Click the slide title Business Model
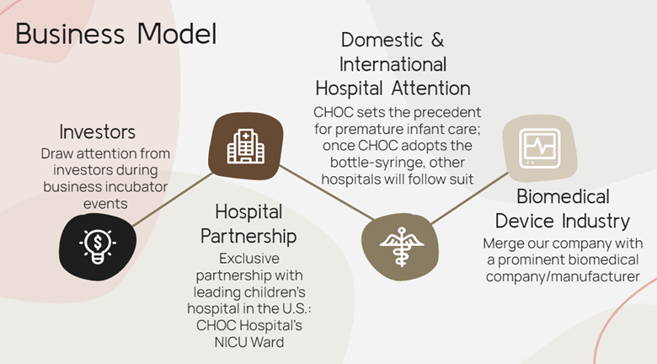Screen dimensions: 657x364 coord(116,34)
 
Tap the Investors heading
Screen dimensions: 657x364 coord(97,131)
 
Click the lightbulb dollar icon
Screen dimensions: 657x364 coord(98,246)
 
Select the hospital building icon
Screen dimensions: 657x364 coord(246,146)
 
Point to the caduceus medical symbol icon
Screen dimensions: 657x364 coord(402,247)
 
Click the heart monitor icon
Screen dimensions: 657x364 coord(540,148)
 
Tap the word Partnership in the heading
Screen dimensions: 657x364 coord(248,236)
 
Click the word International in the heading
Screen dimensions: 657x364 coord(393,65)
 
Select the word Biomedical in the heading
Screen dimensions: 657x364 coord(563,196)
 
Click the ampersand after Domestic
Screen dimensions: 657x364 coord(437,40)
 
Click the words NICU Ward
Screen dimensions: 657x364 coord(249,342)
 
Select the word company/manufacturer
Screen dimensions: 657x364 coord(563,277)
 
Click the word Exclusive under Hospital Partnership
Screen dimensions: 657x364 coord(249,259)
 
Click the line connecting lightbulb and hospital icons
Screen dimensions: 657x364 coord(173,200)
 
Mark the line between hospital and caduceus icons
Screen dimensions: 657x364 coord(327,192)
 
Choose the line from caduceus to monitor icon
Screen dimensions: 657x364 coord(470,198)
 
